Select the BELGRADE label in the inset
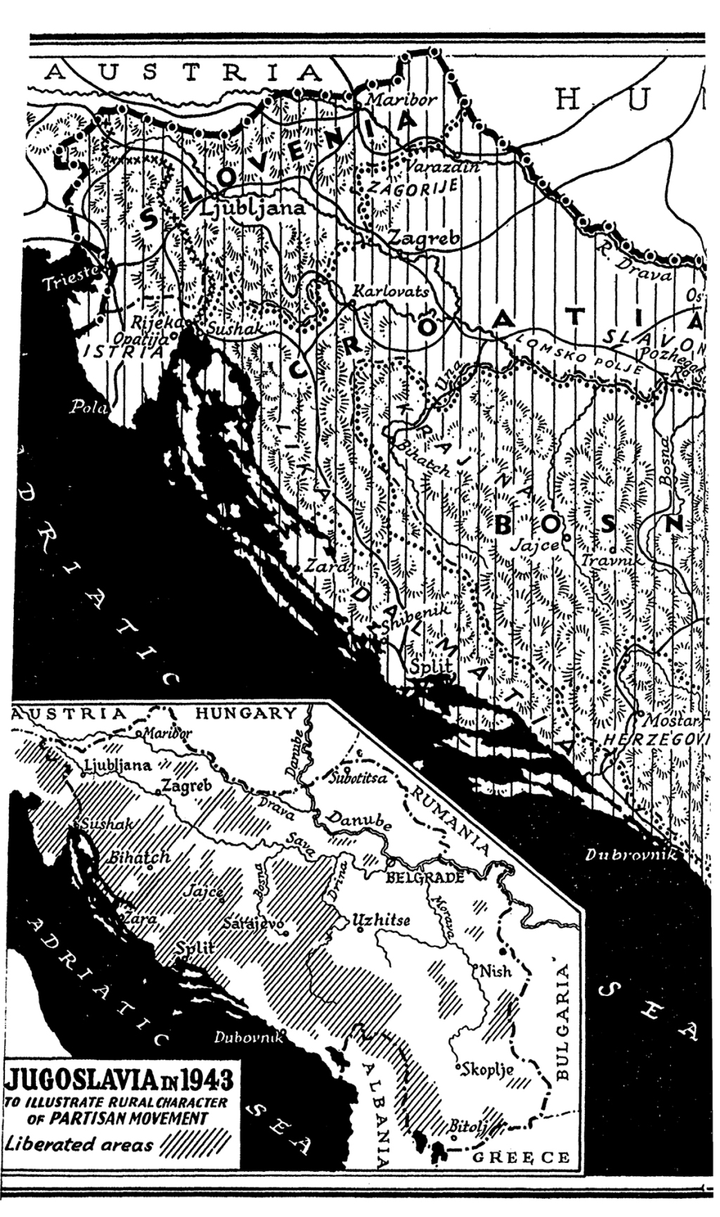(x=425, y=877)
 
